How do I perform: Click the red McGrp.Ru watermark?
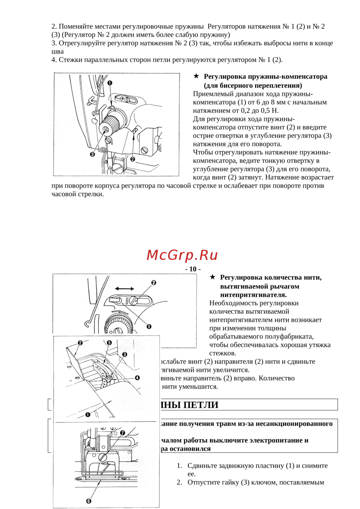pos(182,255)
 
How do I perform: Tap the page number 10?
pos(193,269)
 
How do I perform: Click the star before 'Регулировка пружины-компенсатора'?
pos(196,76)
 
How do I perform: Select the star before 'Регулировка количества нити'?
pos(213,277)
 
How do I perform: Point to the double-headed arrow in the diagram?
pos(125,289)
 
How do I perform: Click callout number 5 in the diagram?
pos(109,343)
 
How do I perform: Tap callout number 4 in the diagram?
pos(137,378)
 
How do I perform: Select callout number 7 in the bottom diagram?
pos(122,433)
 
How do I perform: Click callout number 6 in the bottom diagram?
pos(89,501)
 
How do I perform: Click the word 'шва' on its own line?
pos(58,51)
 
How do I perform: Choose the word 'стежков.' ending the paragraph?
pos(222,353)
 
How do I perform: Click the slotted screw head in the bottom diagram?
pos(103,458)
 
